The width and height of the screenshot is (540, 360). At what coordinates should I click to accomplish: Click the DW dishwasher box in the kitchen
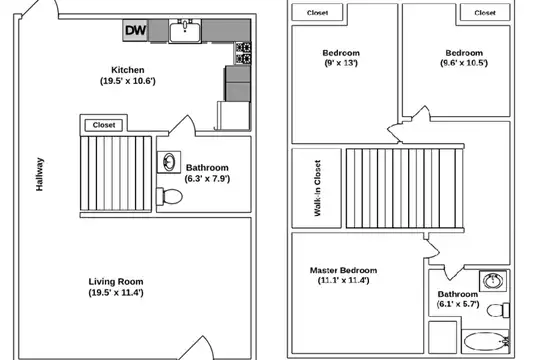point(136,30)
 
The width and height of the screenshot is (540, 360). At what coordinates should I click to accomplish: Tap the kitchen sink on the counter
point(185,31)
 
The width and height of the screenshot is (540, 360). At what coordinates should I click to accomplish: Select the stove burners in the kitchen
point(243,53)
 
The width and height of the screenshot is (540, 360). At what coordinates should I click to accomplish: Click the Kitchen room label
point(128,70)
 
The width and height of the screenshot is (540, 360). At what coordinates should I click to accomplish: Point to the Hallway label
point(40,174)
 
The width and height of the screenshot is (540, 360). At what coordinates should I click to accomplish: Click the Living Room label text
point(116,281)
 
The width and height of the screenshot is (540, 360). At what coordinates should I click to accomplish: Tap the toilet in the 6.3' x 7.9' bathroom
point(169,196)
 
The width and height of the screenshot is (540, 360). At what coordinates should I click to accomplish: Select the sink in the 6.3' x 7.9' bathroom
point(169,162)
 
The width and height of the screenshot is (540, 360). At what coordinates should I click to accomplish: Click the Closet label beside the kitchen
point(104,125)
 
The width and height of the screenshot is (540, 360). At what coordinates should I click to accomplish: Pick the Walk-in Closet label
point(317,188)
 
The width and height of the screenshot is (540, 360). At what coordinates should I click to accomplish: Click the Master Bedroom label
point(343,270)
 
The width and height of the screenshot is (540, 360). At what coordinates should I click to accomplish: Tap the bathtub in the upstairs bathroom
point(486,341)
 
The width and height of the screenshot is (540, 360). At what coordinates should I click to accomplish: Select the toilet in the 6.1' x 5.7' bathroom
point(498,310)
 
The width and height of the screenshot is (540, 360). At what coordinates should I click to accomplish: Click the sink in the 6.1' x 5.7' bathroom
point(493,281)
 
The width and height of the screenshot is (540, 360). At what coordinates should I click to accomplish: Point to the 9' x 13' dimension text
point(341,63)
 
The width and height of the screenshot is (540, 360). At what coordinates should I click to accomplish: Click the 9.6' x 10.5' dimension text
point(464,63)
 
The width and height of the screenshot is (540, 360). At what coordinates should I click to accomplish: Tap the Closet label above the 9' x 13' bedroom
point(317,13)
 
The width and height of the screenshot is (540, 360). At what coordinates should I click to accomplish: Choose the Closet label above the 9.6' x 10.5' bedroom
point(485,13)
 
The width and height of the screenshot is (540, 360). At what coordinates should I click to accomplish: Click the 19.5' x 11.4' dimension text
point(116,293)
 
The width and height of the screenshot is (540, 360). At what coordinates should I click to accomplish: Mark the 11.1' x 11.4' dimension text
point(343,280)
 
